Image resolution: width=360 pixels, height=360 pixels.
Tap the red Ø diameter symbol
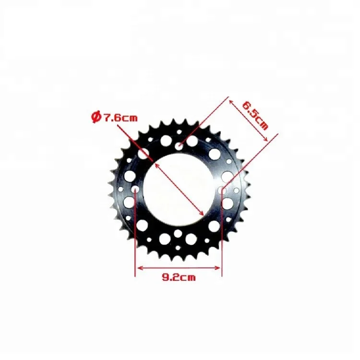tap(95, 117)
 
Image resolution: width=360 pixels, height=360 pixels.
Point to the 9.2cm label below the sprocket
tap(179, 277)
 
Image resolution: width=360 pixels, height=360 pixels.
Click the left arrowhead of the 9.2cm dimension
tap(138, 267)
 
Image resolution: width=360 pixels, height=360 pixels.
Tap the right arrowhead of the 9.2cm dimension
tap(219, 267)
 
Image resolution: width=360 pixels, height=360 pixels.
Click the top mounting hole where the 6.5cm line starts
tap(180, 145)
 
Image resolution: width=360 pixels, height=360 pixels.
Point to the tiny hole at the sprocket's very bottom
tap(179, 248)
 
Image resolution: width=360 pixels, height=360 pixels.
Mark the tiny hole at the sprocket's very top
tap(179, 132)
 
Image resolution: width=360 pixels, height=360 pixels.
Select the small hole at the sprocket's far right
tap(237, 191)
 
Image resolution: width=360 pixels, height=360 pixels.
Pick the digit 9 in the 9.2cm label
tap(164, 277)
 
